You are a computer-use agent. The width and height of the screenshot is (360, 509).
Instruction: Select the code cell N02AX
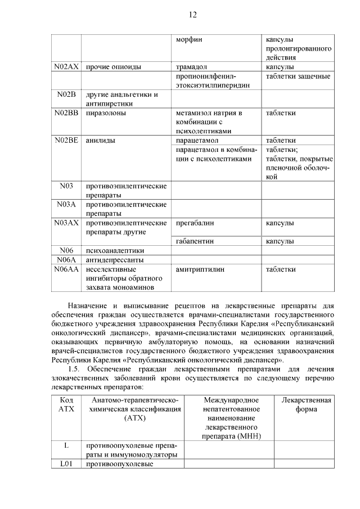pos(66,67)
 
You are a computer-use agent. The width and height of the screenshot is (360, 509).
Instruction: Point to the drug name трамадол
pos(192,67)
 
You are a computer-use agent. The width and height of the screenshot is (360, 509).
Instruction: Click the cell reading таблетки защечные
pos(298,76)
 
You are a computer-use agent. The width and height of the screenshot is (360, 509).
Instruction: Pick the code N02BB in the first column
pos(66,113)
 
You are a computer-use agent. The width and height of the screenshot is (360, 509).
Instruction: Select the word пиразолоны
pos(105,113)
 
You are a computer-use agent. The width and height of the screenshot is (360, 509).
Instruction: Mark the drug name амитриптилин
pos(200,269)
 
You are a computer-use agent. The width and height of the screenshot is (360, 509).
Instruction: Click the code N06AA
pos(66,269)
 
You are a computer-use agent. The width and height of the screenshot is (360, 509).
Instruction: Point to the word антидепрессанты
pos(114,260)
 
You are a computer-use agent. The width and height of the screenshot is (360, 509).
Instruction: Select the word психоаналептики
pos(115,250)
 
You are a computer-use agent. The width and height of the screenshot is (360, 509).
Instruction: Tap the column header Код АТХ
pos(66,404)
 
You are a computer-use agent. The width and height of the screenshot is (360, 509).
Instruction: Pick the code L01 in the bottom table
pos(66,464)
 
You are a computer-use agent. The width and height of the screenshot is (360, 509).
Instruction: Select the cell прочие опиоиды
pos(113,67)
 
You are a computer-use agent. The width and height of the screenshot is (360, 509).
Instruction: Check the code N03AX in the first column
pos(66,223)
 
